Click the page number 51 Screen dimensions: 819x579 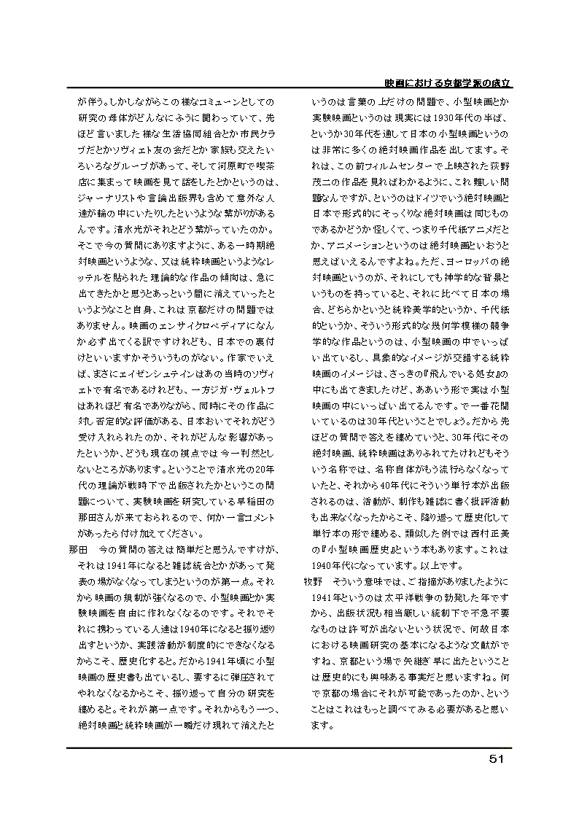pyautogui.click(x=496, y=758)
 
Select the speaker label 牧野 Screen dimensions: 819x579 pyautogui.click(x=314, y=581)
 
